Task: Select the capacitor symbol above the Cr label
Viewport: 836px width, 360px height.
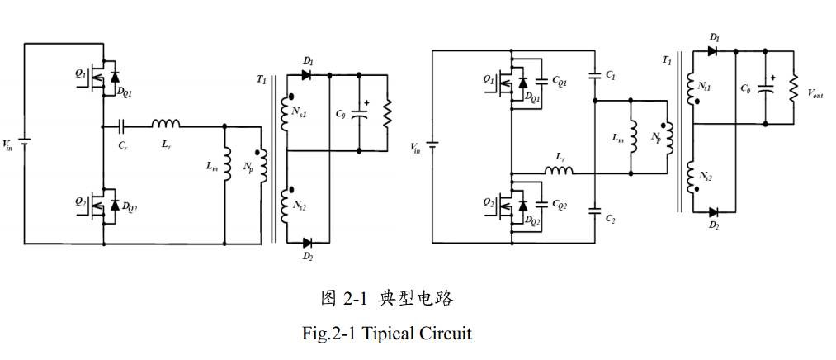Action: click(122, 127)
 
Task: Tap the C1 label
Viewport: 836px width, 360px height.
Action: click(610, 75)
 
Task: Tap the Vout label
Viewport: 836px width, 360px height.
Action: click(815, 95)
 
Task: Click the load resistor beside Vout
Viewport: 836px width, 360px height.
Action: click(794, 87)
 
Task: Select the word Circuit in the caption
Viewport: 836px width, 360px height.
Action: click(445, 334)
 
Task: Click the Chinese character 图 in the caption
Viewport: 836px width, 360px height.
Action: click(329, 299)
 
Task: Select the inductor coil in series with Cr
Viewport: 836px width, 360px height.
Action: click(165, 125)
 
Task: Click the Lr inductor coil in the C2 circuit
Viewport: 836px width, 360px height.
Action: click(560, 171)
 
